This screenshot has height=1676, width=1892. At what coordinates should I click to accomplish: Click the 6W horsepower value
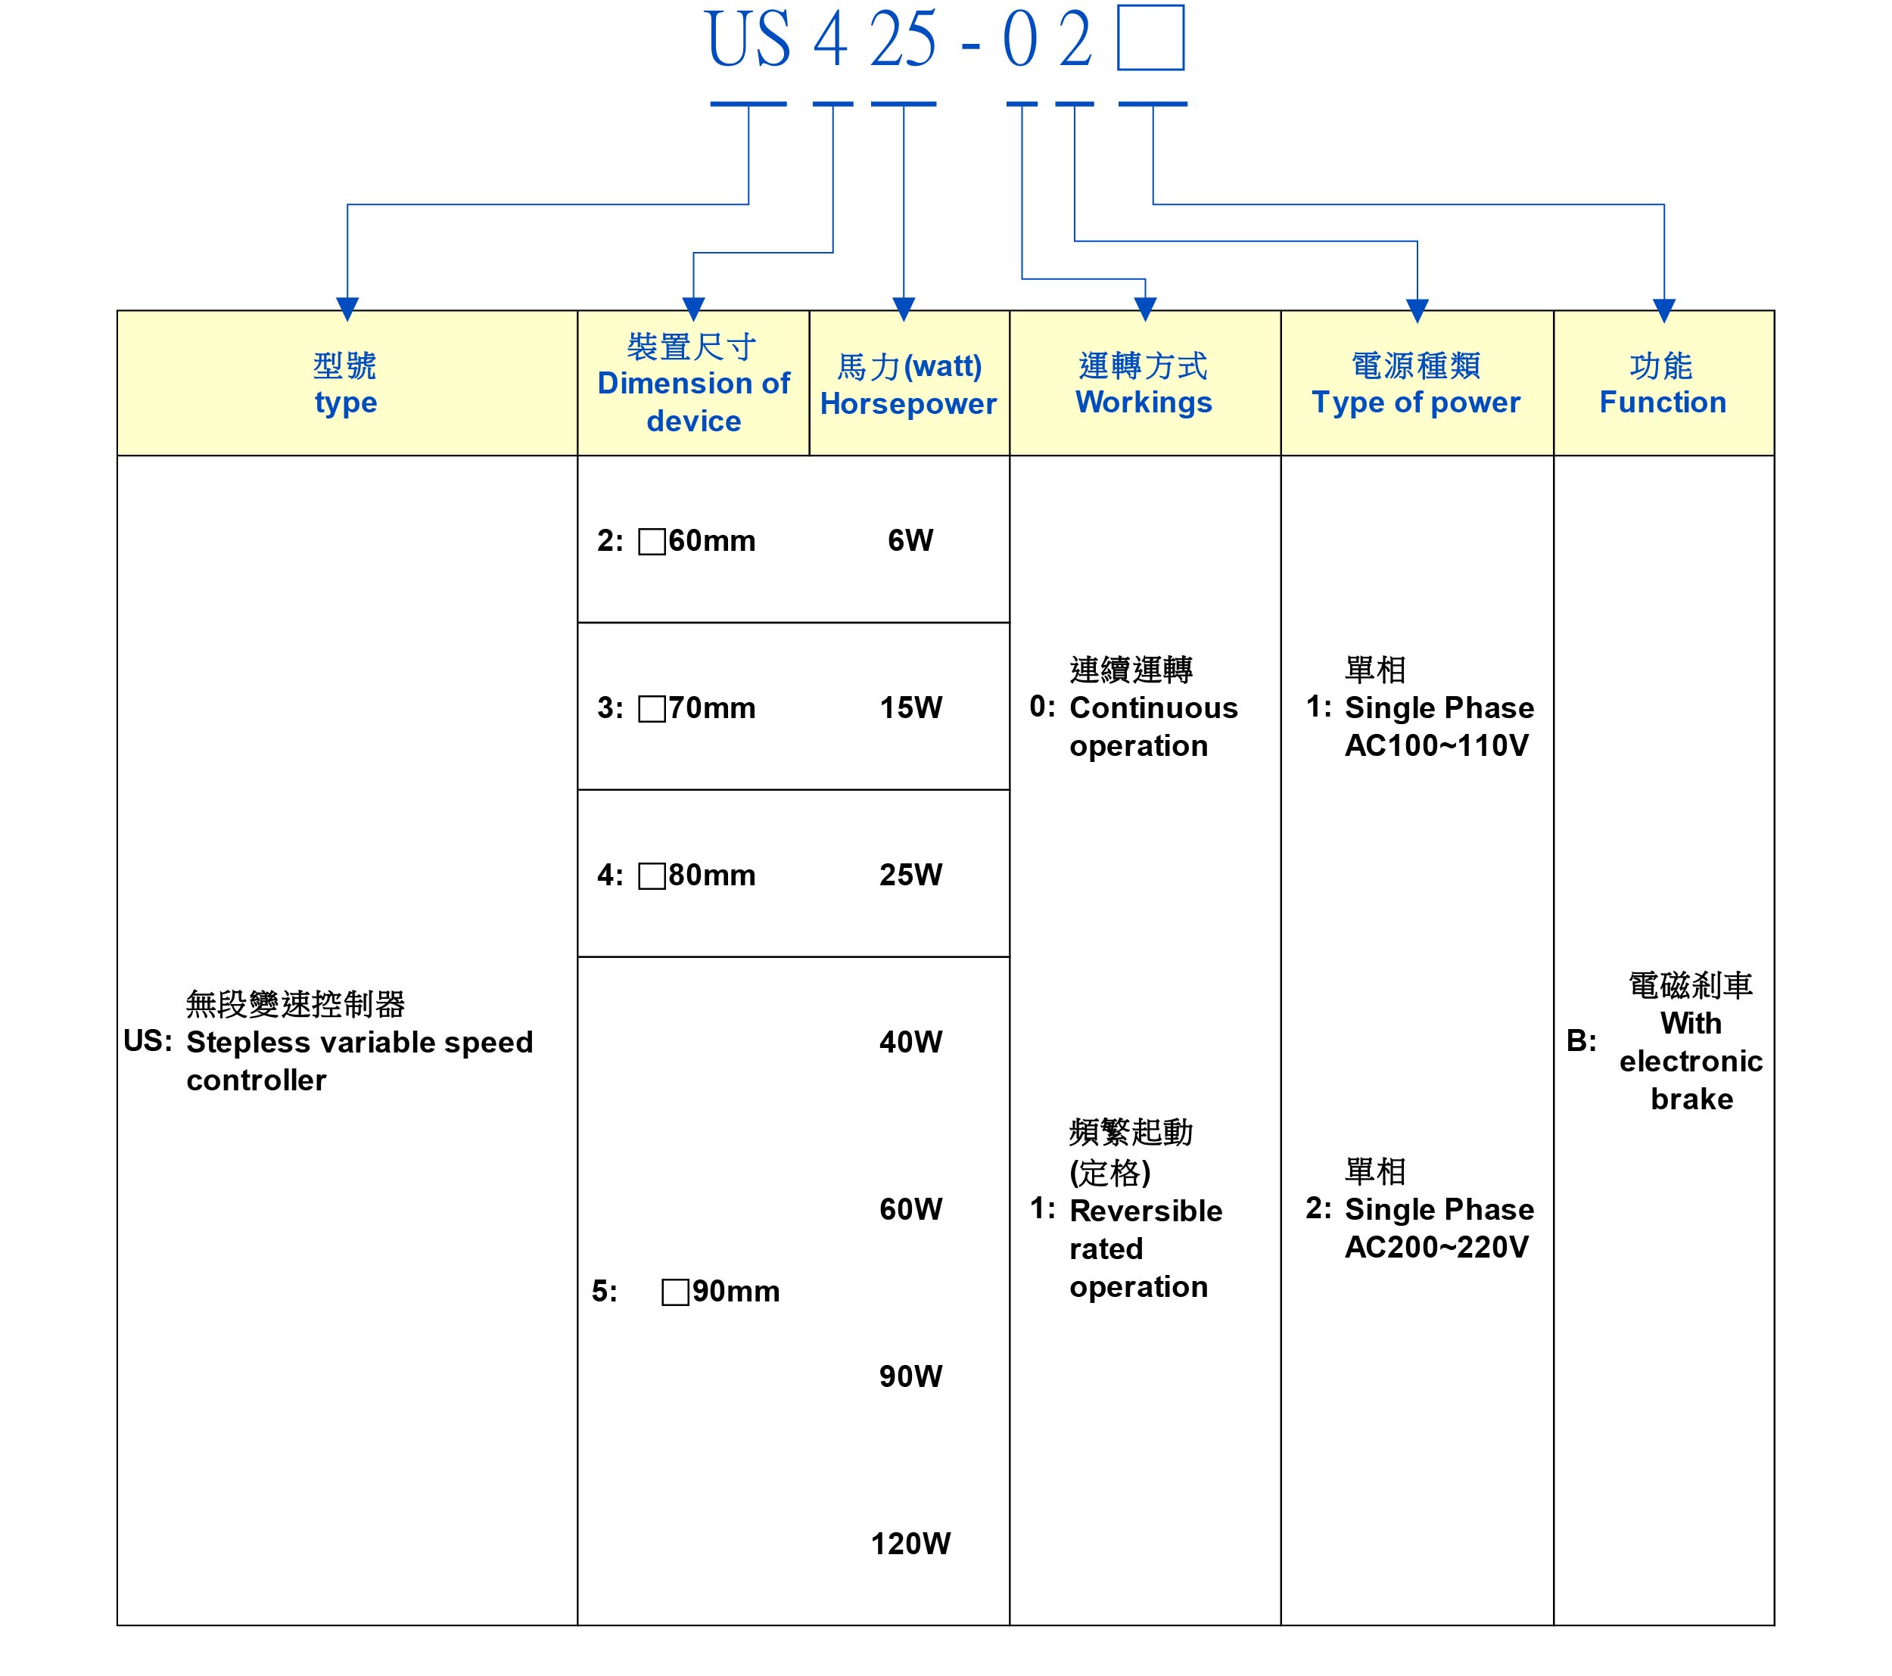(911, 540)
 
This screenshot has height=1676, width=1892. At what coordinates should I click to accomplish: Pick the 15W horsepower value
(911, 708)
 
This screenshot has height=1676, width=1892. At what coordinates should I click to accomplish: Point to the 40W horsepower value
(911, 1042)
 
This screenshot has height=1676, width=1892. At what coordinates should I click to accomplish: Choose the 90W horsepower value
(911, 1376)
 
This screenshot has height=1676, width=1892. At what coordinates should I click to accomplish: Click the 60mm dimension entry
(697, 540)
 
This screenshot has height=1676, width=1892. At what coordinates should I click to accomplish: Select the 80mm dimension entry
(697, 875)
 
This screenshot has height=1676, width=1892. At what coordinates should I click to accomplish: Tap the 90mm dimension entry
(721, 1291)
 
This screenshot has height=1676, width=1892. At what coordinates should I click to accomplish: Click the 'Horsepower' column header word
(908, 403)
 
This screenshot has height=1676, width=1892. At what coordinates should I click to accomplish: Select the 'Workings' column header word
(1144, 403)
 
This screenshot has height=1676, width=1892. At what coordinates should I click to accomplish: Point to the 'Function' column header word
(1663, 402)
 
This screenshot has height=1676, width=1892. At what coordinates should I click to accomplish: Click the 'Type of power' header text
(1416, 403)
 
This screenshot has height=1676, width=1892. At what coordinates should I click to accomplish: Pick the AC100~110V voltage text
(1436, 746)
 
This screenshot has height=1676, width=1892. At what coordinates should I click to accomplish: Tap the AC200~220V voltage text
(1436, 1248)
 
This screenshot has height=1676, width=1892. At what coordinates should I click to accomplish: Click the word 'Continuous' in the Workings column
(1153, 708)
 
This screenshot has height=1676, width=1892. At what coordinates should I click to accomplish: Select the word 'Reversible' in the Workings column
(1146, 1211)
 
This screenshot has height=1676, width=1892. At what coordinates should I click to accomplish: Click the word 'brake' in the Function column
(1692, 1099)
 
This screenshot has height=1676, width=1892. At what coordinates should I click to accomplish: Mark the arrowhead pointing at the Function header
(1664, 310)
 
